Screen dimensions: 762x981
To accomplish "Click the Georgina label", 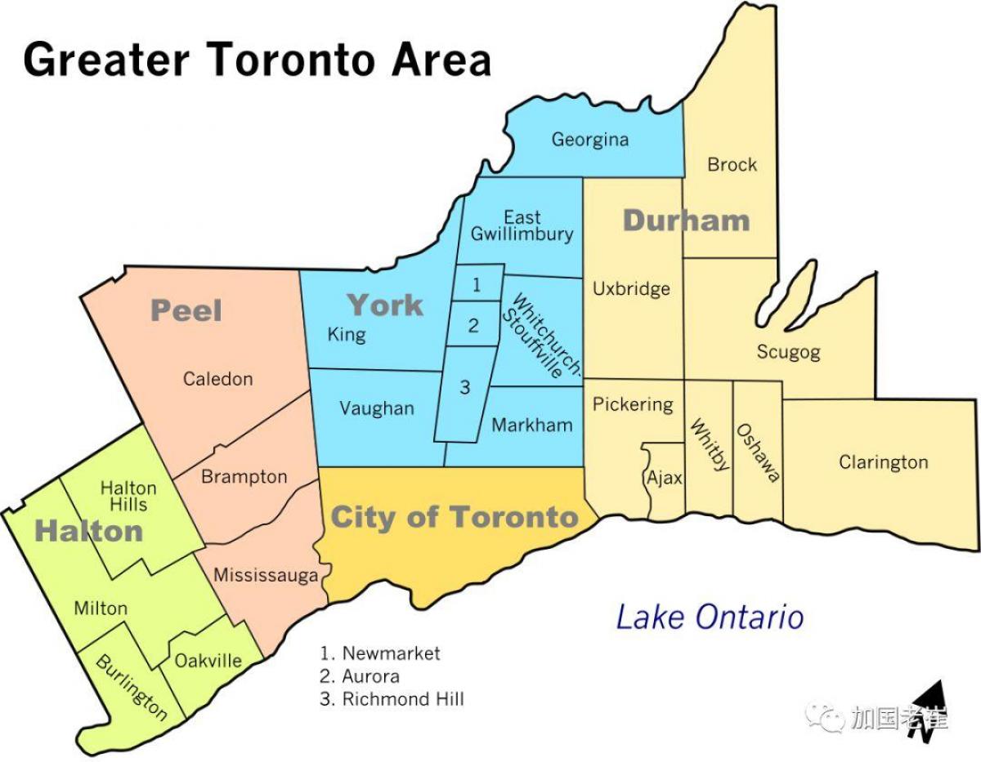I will coord(589,140).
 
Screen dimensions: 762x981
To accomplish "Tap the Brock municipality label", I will coord(732,165).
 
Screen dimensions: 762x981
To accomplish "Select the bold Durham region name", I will coord(686,220).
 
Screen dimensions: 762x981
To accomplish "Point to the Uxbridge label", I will coord(631,289).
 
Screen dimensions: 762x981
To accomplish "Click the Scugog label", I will coord(787,353).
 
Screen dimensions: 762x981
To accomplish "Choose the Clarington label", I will coord(883,462).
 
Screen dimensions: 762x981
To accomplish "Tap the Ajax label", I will coord(664,479).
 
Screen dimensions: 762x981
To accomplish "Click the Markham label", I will coord(531,426).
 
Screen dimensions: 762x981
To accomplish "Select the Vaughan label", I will coord(377,408).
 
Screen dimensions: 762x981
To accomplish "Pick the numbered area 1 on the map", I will coord(477,285).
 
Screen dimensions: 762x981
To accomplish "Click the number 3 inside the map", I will coord(464,388).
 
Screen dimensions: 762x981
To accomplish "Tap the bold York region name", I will coord(385,305).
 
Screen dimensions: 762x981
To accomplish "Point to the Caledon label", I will coord(217,379).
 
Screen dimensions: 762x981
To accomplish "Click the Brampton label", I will coord(244,477).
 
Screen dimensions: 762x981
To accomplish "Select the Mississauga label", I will coord(266,576).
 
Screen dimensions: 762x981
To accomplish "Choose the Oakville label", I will coord(208,661).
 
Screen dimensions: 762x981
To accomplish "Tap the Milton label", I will coord(101,608).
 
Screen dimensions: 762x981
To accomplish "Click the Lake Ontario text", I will coord(709,617).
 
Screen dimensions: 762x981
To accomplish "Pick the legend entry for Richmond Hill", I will coord(392,699).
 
